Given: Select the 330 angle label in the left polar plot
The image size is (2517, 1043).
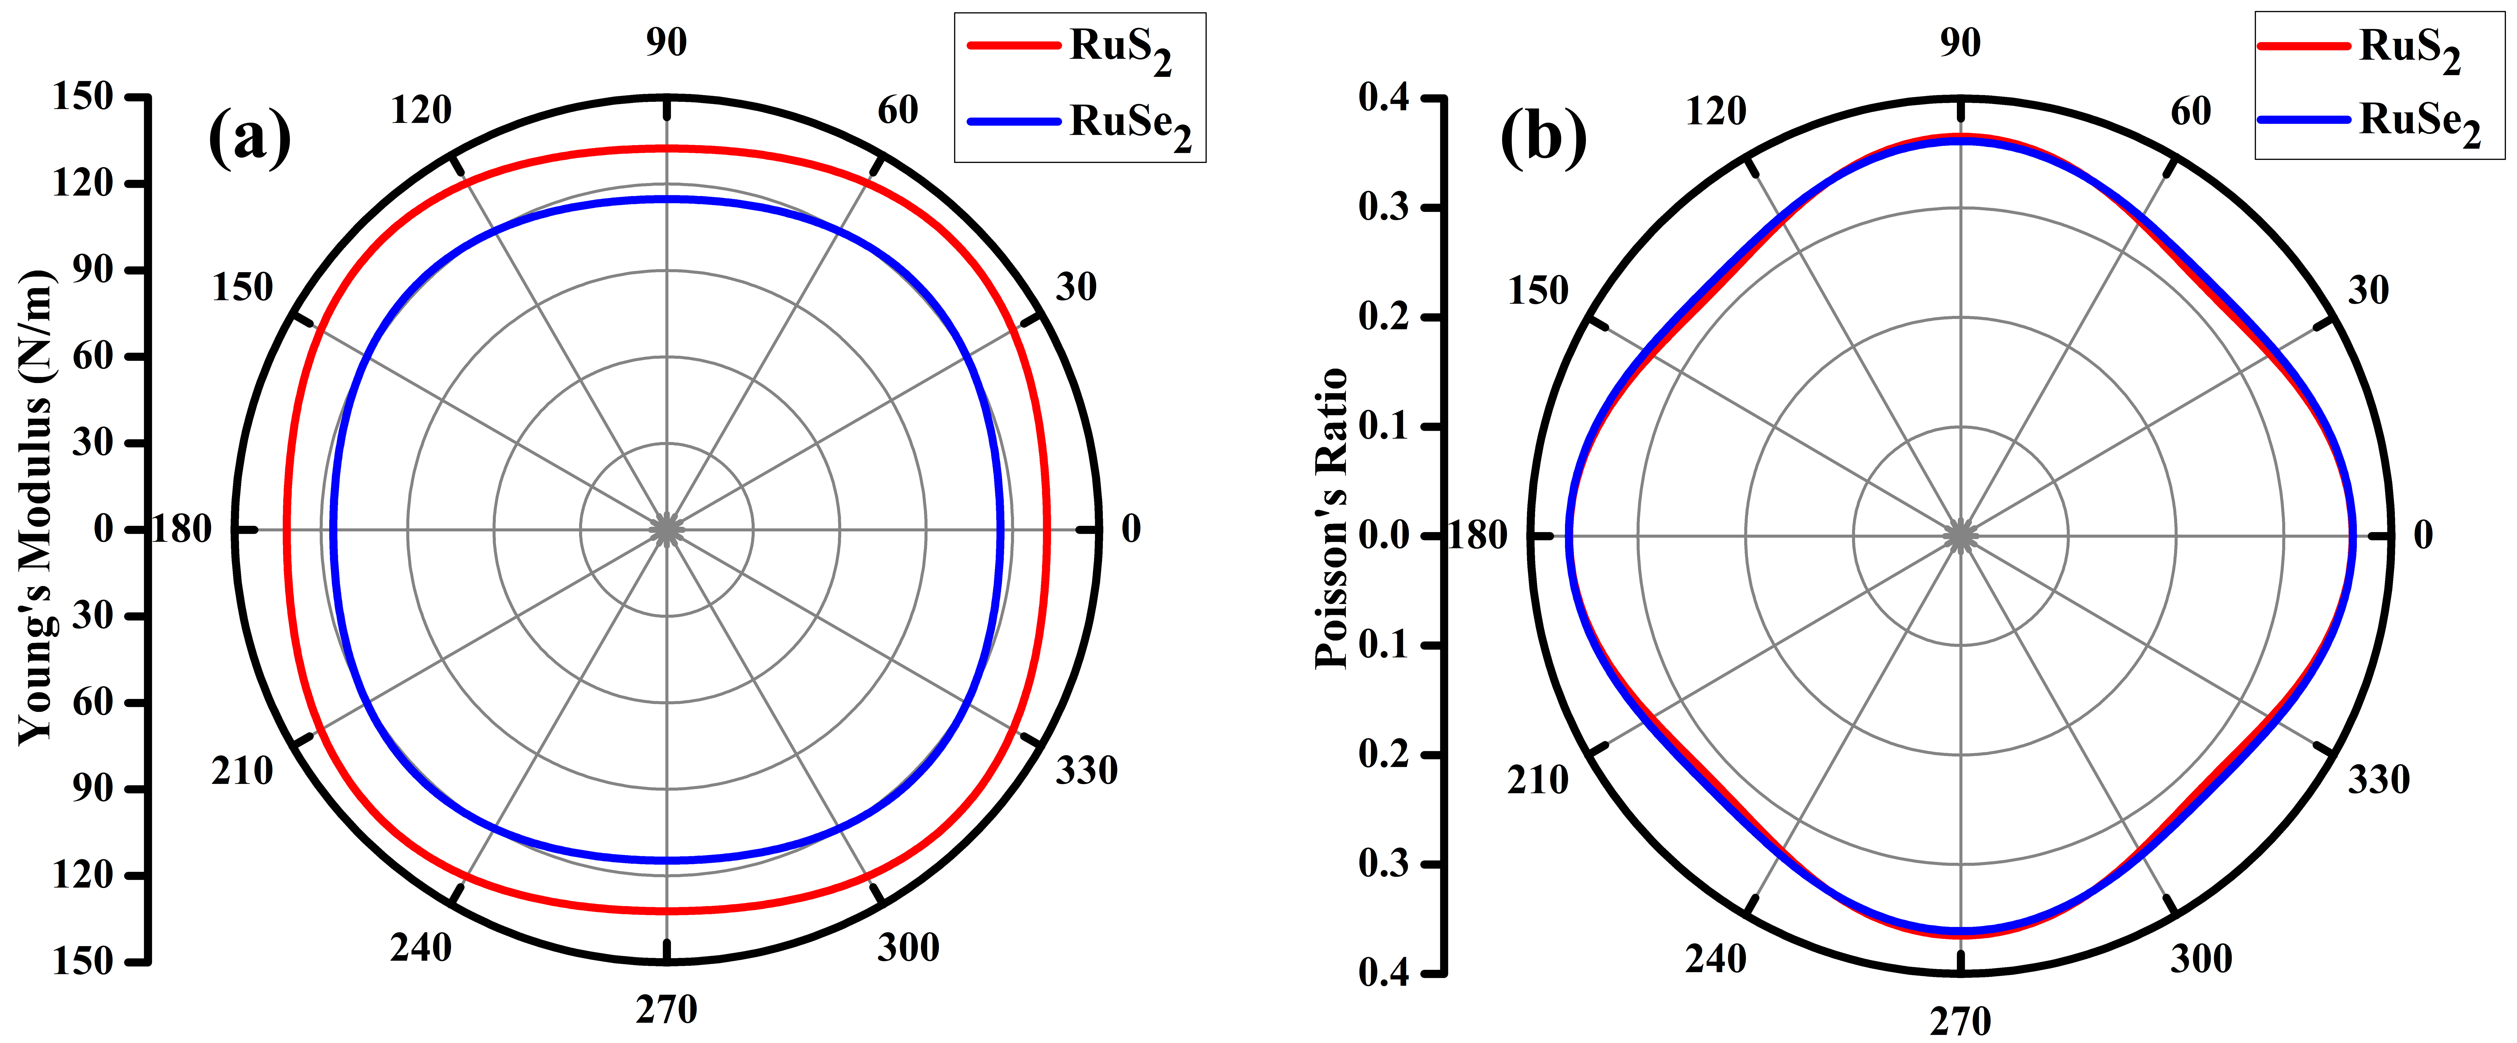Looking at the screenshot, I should (1085, 771).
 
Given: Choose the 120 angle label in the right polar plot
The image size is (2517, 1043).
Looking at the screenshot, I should (1716, 111).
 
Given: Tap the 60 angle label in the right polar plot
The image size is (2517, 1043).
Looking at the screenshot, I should (2191, 111).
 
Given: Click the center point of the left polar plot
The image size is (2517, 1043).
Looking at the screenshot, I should (666, 530).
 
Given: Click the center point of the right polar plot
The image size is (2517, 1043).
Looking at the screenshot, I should (1960, 536).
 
